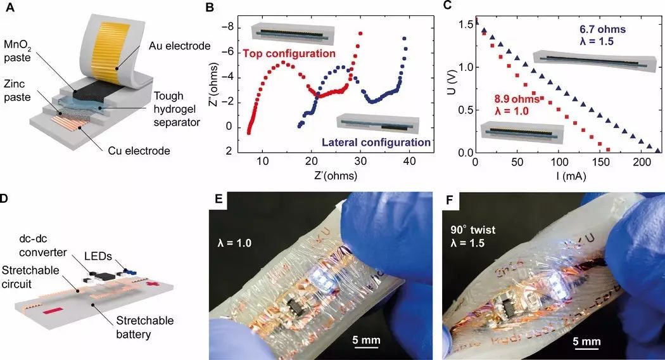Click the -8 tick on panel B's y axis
(233, 27)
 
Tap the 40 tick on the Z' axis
(410, 162)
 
